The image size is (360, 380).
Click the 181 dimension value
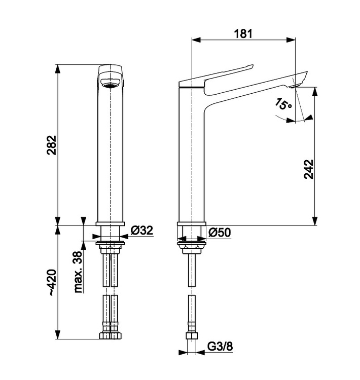(243, 33)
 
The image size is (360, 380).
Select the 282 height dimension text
(51, 145)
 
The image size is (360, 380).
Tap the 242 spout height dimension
(309, 169)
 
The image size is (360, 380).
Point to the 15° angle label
(283, 104)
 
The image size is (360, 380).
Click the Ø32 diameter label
(142, 230)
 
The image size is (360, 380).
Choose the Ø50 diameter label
(220, 233)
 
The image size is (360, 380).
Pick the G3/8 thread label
(220, 347)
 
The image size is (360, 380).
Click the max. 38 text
(78, 272)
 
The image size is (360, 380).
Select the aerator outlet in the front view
(111, 85)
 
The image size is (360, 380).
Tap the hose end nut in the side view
(192, 336)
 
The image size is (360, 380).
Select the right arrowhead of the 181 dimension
(291, 40)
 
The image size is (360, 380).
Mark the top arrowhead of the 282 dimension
(58, 69)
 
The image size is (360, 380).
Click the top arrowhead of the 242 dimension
(315, 91)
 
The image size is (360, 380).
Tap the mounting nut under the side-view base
(192, 249)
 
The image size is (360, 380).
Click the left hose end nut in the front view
(105, 335)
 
